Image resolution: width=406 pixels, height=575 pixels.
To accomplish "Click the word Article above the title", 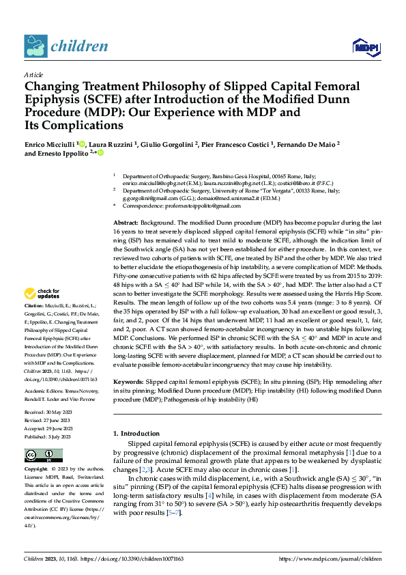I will click(x=33, y=74).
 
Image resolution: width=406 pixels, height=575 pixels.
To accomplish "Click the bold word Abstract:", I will click(x=126, y=223).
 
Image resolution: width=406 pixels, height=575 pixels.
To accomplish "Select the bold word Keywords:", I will click(x=128, y=380).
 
